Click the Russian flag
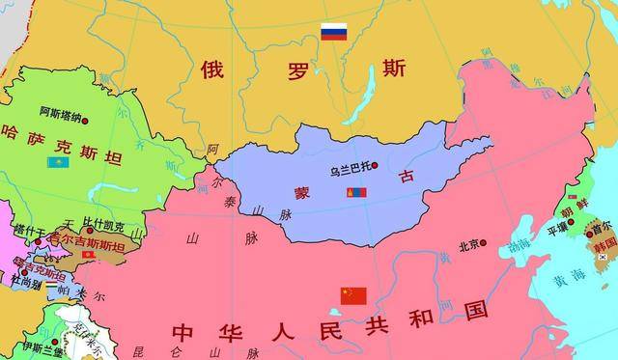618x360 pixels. (333, 32)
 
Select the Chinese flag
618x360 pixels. (353, 295)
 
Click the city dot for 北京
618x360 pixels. (485, 244)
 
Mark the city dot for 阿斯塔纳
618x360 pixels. (85, 120)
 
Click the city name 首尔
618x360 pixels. (602, 229)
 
